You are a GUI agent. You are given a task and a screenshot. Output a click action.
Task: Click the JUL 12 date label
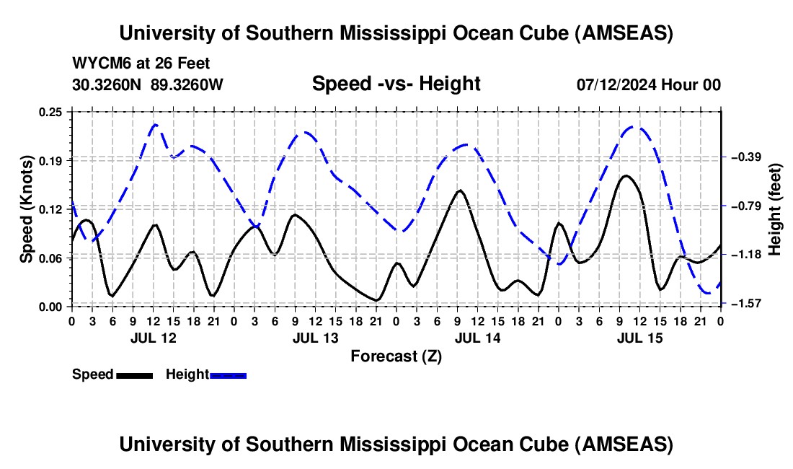153,338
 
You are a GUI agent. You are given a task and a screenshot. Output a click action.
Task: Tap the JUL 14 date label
477,338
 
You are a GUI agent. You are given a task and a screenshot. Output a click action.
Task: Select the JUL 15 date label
639,338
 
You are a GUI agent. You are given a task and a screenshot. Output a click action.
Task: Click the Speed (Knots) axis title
27,209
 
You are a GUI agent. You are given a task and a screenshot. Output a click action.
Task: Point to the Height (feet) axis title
775,209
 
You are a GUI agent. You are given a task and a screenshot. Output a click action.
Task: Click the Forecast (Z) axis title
396,356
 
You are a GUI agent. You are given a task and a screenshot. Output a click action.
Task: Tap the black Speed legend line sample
134,375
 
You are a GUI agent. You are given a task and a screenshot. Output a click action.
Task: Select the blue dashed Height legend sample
229,375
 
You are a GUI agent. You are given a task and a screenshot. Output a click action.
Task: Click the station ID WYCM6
99,64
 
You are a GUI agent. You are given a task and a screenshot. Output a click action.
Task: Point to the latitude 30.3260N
107,84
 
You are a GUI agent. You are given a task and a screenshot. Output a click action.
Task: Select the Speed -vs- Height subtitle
396,84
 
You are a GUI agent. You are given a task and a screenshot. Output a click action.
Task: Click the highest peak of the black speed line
626,175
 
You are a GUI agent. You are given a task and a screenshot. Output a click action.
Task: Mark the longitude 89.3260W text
187,84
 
